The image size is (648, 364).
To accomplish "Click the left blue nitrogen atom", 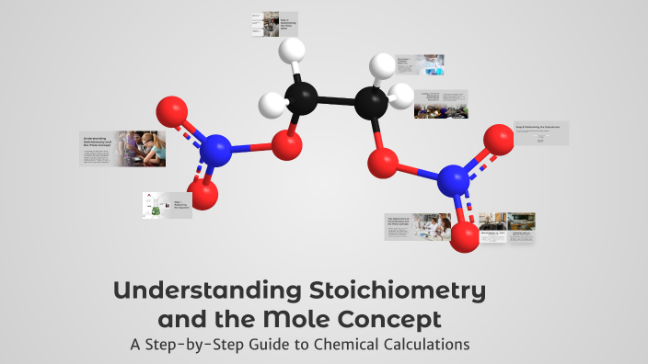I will [214, 149].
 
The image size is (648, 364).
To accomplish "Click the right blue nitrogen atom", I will [453, 179].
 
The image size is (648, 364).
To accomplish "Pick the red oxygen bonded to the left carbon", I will [289, 144].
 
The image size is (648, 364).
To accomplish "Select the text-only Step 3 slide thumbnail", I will [540, 133].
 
